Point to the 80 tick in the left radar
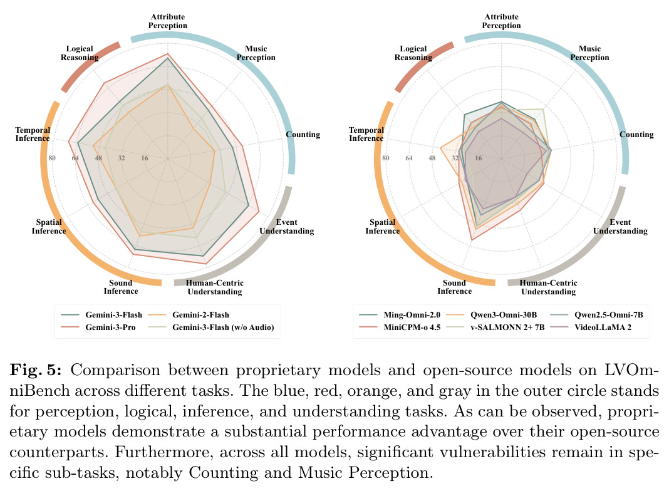(52, 158)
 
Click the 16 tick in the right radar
(479, 158)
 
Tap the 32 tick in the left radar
(122, 158)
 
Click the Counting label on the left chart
(303, 135)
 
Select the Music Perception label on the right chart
(589, 53)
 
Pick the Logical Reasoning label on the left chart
(80, 53)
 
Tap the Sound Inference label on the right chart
(454, 287)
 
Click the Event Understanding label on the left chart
(287, 227)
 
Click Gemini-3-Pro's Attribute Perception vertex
(168, 54)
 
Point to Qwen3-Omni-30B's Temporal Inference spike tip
(441, 148)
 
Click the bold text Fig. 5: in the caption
(36, 370)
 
